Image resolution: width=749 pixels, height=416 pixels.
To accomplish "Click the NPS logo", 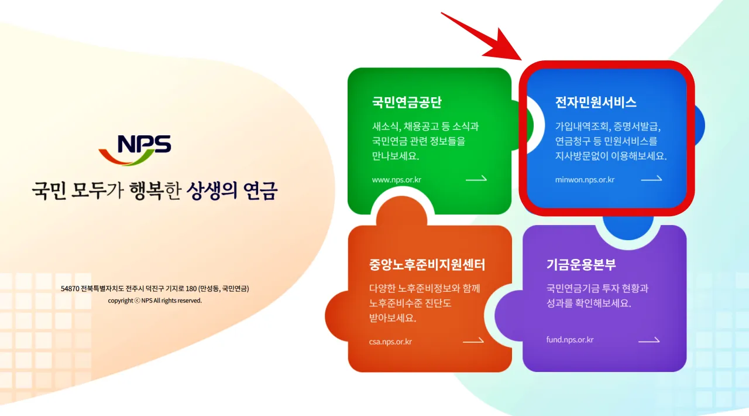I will pos(135,149).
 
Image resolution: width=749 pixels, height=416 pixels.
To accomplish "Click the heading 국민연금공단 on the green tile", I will pos(407,103).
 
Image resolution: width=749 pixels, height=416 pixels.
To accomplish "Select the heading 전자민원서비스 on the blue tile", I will pos(596,103).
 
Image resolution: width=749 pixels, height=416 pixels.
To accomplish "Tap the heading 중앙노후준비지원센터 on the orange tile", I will pos(427,265).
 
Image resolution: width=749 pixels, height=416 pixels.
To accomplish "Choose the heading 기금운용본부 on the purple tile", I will pos(581,264).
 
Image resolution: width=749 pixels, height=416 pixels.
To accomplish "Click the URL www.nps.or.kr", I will pos(396,180).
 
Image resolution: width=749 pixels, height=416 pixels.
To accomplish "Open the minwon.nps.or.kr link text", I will pos(585,180).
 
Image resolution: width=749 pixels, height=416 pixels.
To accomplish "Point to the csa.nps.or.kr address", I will pos(390,342).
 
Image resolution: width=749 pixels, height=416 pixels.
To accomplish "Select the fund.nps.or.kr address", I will pos(570,340).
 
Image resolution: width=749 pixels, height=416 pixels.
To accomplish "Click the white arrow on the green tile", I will pos(476,179).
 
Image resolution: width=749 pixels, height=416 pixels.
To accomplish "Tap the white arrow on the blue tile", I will pos(651,179).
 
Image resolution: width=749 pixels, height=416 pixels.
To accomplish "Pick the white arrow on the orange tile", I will pos(473,340).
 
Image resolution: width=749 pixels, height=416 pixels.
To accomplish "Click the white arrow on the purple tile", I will pos(649,340).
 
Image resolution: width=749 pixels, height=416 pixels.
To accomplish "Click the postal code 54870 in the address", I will pos(70,289).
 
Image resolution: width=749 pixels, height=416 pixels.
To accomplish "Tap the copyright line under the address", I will pos(154,301).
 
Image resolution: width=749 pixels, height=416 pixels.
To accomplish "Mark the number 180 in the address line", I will pos(190,289).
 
